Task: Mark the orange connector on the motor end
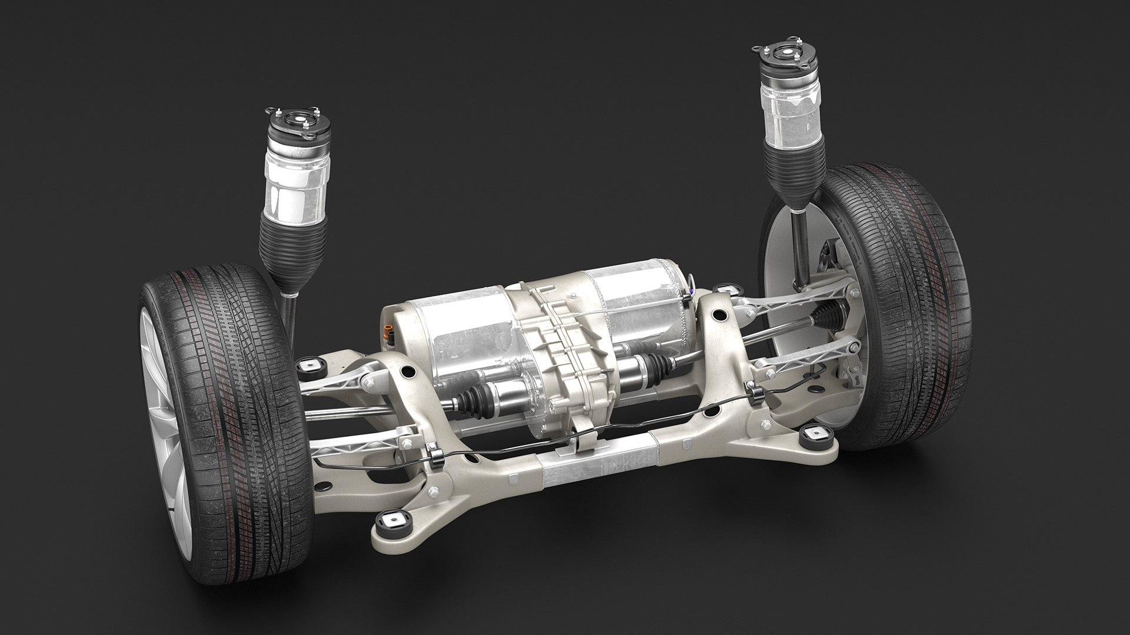[388, 332]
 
